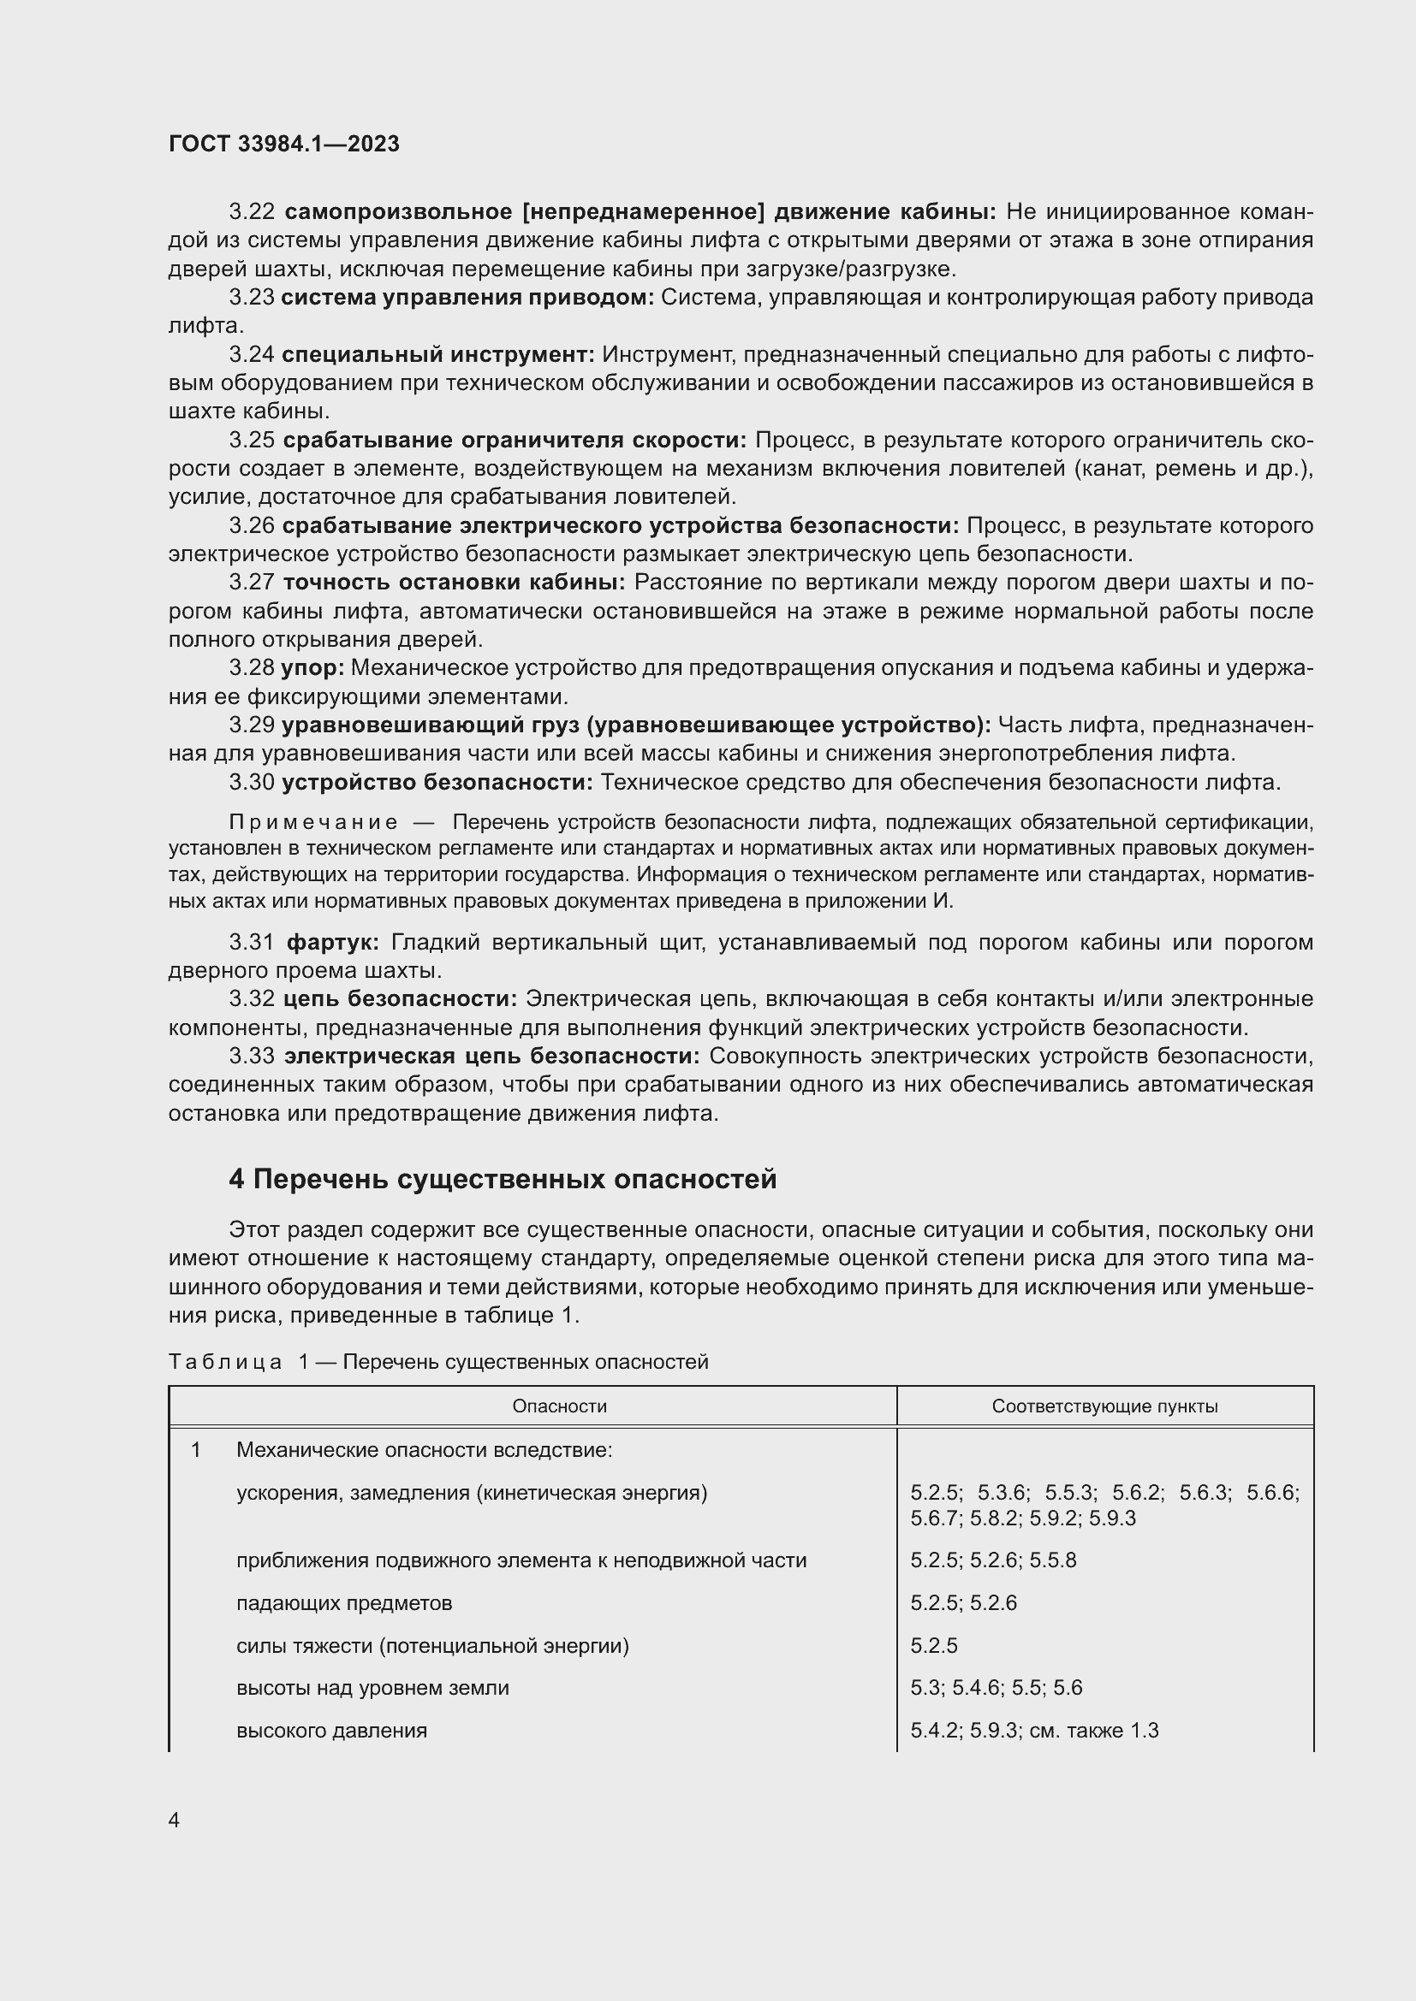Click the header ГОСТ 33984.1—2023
283,144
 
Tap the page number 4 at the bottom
174,1820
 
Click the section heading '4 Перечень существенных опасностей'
503,1179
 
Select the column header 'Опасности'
559,1406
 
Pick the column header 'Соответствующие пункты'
1104,1406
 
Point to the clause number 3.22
252,212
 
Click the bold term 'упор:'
312,667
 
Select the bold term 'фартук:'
332,942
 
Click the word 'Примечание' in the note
313,822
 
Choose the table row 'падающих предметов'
343,1602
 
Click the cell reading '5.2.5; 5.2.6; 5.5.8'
992,1560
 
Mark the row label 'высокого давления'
331,1730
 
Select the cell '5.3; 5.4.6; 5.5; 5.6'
996,1687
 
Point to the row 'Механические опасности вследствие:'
424,1450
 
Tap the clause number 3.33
252,1057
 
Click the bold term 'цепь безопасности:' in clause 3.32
400,998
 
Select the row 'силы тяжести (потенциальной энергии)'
432,1645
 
